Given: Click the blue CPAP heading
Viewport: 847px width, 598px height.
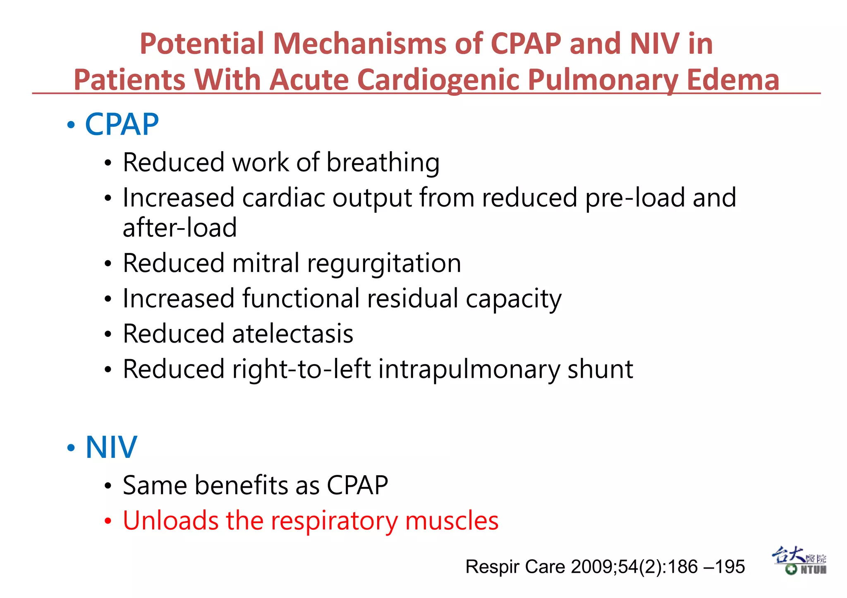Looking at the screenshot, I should click(x=122, y=124).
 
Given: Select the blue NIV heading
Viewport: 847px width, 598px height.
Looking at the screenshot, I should click(x=111, y=447).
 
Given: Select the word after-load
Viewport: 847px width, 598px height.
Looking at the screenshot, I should click(x=179, y=228).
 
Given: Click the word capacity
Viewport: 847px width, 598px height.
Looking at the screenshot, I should click(x=513, y=299).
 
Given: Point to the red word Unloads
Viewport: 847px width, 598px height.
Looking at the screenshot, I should click(x=170, y=520).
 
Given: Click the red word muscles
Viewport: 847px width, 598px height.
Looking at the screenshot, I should click(x=452, y=520).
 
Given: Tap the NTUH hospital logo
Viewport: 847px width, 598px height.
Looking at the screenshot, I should click(x=799, y=561).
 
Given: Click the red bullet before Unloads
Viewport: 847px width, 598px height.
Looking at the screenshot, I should click(x=108, y=521).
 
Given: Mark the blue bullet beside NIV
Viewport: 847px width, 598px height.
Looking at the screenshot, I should click(x=71, y=448).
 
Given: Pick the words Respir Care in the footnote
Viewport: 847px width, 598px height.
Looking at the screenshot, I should click(x=515, y=567).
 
